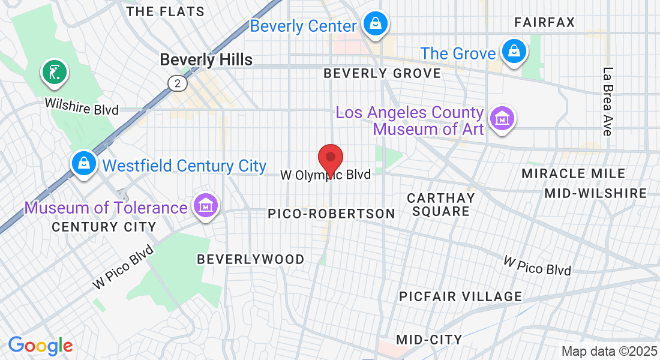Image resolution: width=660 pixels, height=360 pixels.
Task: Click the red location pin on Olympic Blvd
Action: [x=330, y=159]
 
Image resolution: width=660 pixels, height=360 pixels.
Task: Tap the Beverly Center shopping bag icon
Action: [x=375, y=25]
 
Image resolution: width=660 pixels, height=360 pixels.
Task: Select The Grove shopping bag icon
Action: [x=514, y=51]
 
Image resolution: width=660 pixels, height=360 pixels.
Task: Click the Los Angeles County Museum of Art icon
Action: [x=502, y=118]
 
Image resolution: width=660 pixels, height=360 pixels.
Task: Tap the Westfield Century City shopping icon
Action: [x=84, y=163]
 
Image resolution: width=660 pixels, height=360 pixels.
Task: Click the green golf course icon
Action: [x=54, y=73]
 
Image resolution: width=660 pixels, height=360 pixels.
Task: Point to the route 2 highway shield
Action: [x=177, y=83]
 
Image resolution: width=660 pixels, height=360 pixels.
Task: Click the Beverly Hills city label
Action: [x=206, y=59]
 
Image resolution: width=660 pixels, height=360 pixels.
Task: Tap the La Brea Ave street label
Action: [x=608, y=101]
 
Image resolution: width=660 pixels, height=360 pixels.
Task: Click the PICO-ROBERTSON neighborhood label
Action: [x=332, y=214]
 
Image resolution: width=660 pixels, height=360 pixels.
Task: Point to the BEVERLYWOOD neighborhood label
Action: [x=251, y=259]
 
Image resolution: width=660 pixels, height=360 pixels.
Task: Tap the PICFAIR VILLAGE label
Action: [x=461, y=296]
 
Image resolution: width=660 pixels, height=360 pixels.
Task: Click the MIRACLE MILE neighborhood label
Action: [x=573, y=173]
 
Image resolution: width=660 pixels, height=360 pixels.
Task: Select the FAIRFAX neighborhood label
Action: [x=545, y=23]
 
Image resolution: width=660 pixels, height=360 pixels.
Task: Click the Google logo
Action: [x=40, y=346]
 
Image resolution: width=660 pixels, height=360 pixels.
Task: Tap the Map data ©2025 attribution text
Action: [x=609, y=351]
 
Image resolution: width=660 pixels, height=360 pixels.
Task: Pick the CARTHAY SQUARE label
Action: [x=441, y=205]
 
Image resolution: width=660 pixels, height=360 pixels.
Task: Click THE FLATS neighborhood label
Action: [x=166, y=11]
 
